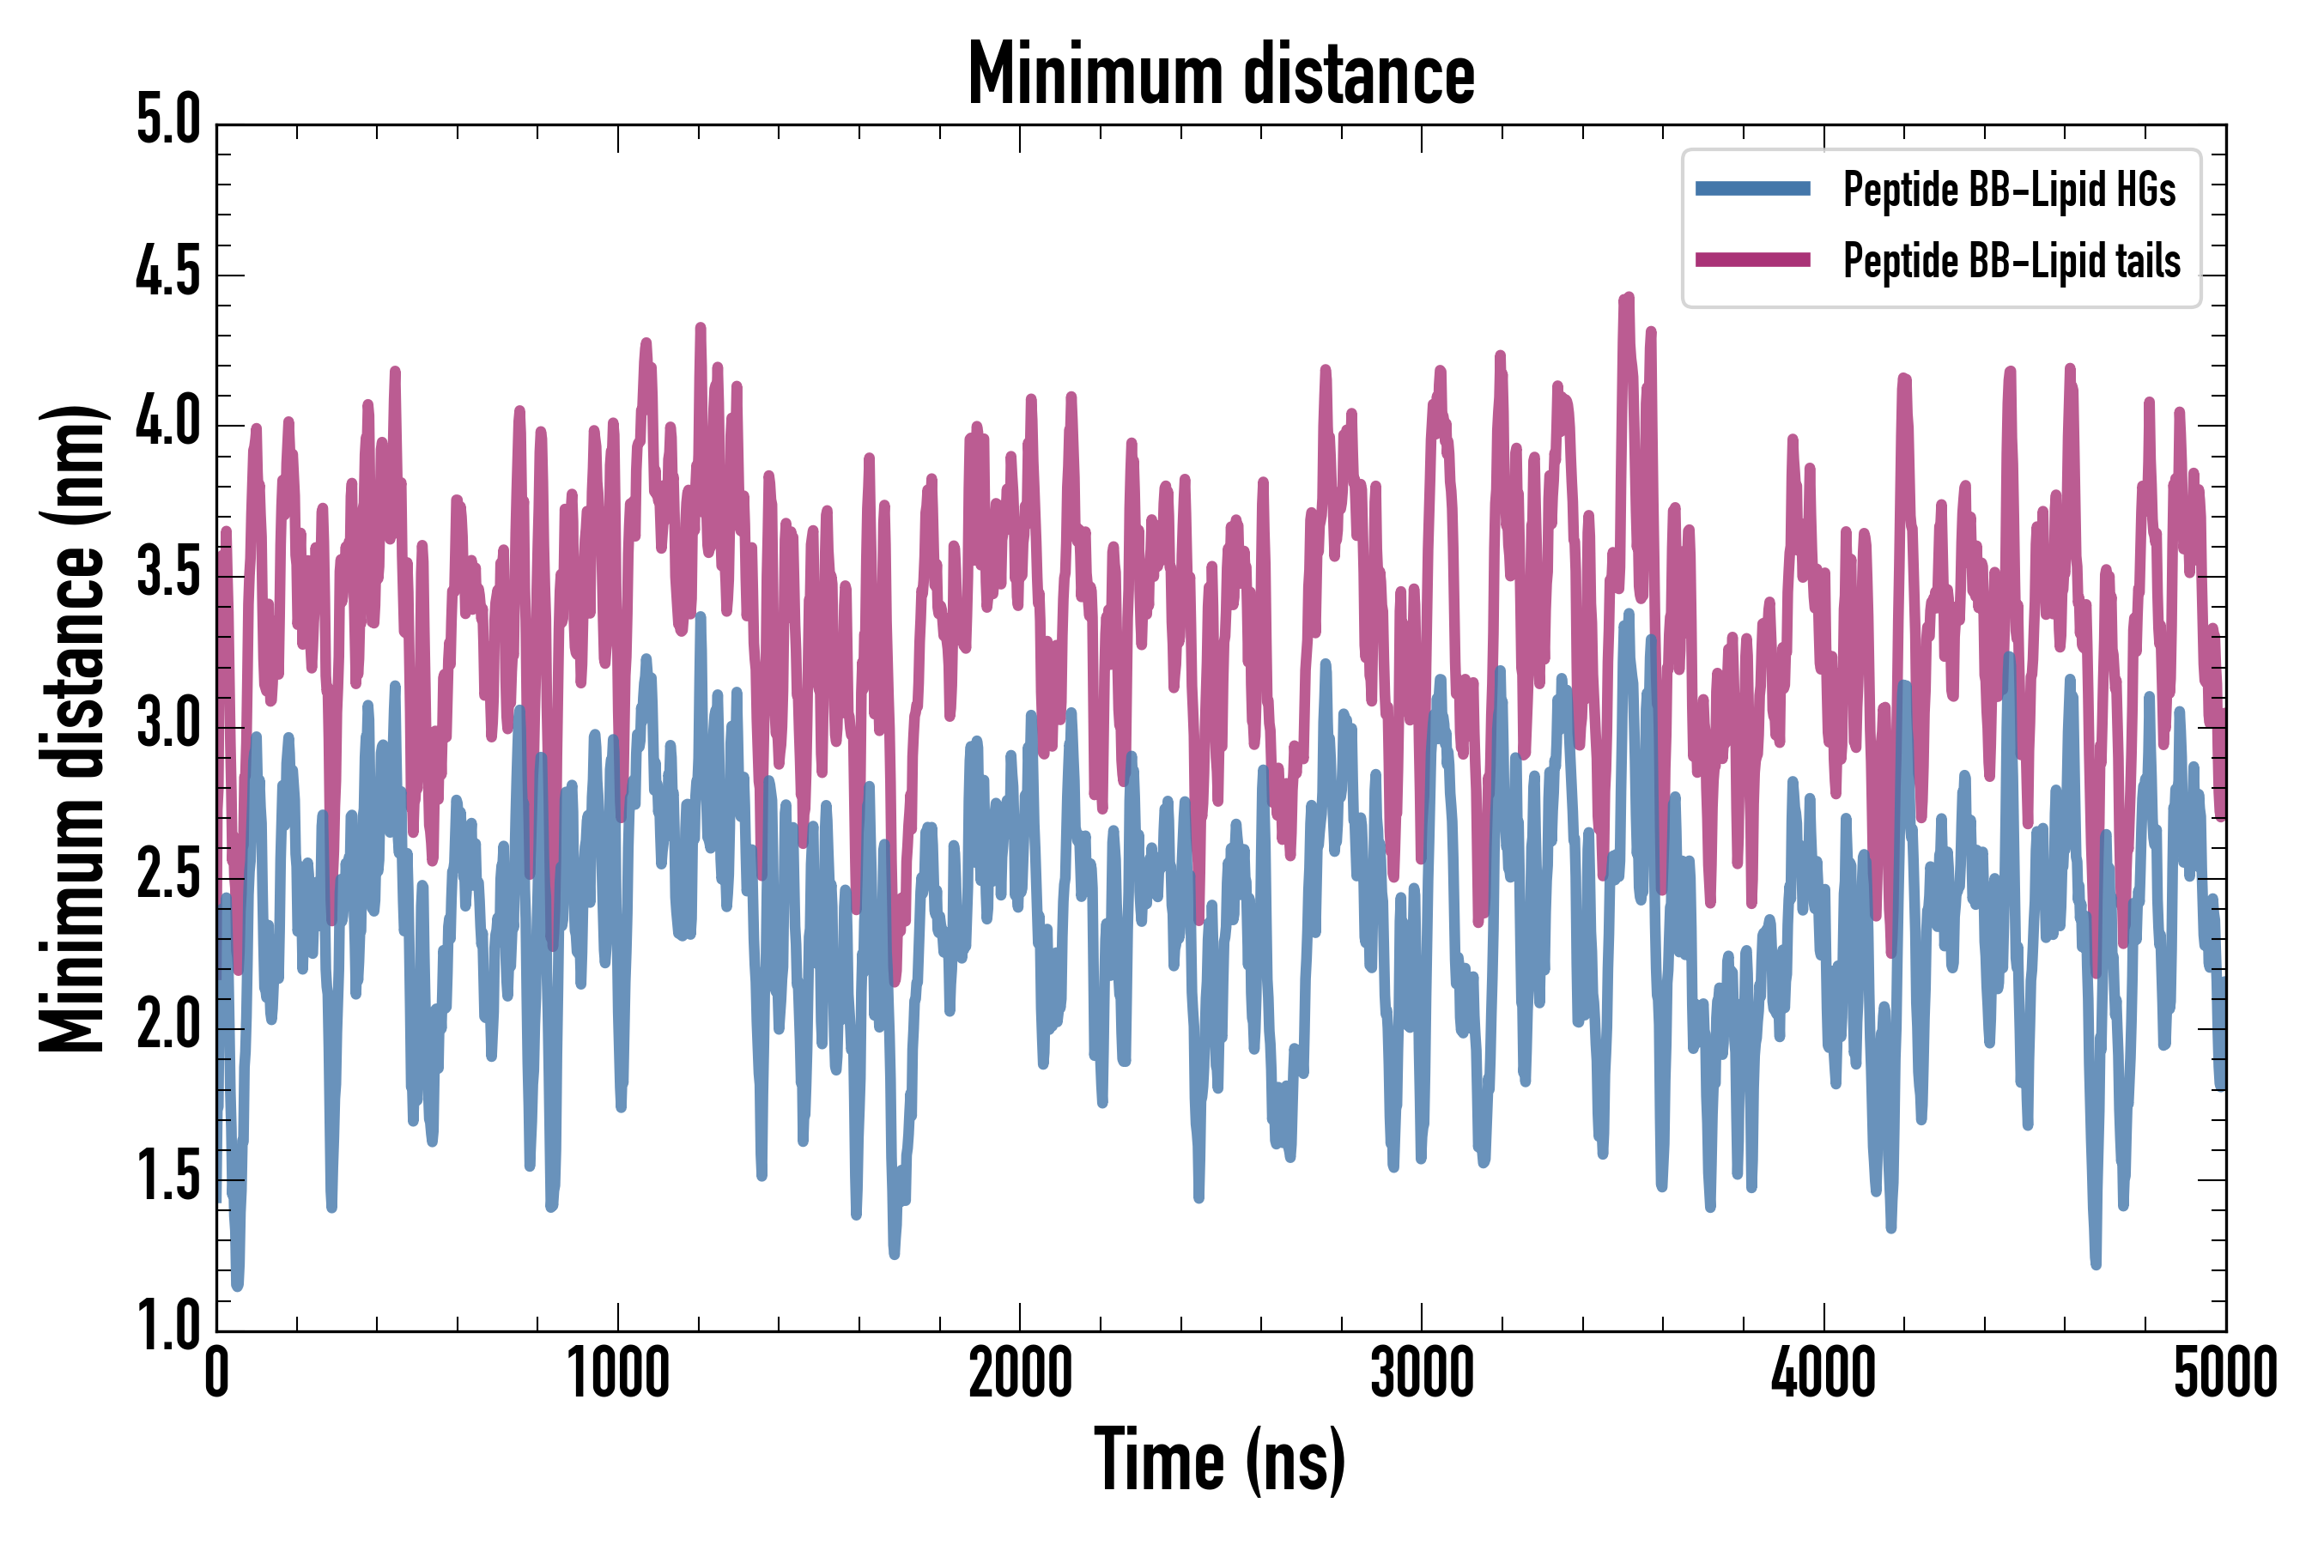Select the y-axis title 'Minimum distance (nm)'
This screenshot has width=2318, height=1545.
(71, 728)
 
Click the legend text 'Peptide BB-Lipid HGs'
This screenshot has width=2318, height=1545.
(2009, 189)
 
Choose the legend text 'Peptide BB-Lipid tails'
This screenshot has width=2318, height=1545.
(2012, 261)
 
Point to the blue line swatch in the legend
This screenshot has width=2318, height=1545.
(1752, 189)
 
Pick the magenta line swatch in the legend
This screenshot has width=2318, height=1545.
(1752, 260)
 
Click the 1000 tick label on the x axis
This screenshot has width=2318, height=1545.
(618, 1372)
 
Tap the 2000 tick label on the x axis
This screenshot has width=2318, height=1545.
(1020, 1372)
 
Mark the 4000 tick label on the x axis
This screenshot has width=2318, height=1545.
(1823, 1372)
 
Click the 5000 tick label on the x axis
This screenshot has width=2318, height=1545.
(2225, 1372)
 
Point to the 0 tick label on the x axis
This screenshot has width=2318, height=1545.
(217, 1372)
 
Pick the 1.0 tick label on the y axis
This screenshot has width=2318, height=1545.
(167, 1325)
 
